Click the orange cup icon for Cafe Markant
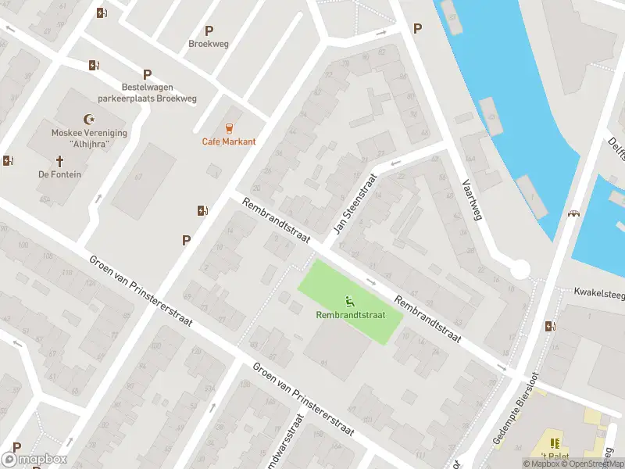[x=229, y=127]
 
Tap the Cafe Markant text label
[x=229, y=141]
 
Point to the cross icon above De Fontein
[x=59, y=161]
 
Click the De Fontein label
[x=59, y=174]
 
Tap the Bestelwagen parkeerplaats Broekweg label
[x=147, y=93]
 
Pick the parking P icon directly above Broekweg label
[x=209, y=30]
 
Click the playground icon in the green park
[x=351, y=300]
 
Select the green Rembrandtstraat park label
[x=351, y=315]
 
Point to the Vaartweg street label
[x=470, y=198]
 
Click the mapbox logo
[x=34, y=460]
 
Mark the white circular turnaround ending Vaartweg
[x=520, y=270]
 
